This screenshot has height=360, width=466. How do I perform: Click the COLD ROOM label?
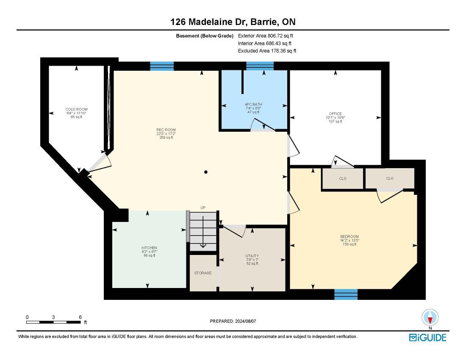coord(76,109)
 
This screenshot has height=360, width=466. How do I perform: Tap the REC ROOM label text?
coord(166,130)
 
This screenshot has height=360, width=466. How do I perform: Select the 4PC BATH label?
coord(253,104)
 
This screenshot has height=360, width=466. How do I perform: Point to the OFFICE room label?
coord(335,114)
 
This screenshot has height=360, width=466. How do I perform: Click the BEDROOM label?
coord(349,237)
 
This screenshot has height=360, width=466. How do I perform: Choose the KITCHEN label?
coord(149,248)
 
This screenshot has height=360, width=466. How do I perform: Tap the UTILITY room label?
coord(252,256)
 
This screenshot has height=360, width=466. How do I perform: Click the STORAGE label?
coord(203,273)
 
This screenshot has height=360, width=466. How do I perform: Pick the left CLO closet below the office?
coord(343,178)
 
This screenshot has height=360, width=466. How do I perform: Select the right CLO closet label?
coord(390,178)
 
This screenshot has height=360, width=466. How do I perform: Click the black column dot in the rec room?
coord(205,172)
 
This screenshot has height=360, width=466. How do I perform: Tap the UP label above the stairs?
coord(203,208)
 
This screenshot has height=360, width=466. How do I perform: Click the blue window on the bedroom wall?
coord(346,294)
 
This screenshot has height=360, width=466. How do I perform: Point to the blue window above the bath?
coord(260,66)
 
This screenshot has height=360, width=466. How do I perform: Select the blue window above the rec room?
coord(162,66)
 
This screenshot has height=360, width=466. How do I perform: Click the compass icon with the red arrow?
coord(430,318)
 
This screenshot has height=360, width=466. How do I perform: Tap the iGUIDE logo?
coord(428,338)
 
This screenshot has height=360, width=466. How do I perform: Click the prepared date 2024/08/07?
coord(245,321)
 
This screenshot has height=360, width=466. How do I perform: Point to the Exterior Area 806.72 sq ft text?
coord(266,36)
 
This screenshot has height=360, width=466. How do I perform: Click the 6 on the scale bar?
coord(80,317)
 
